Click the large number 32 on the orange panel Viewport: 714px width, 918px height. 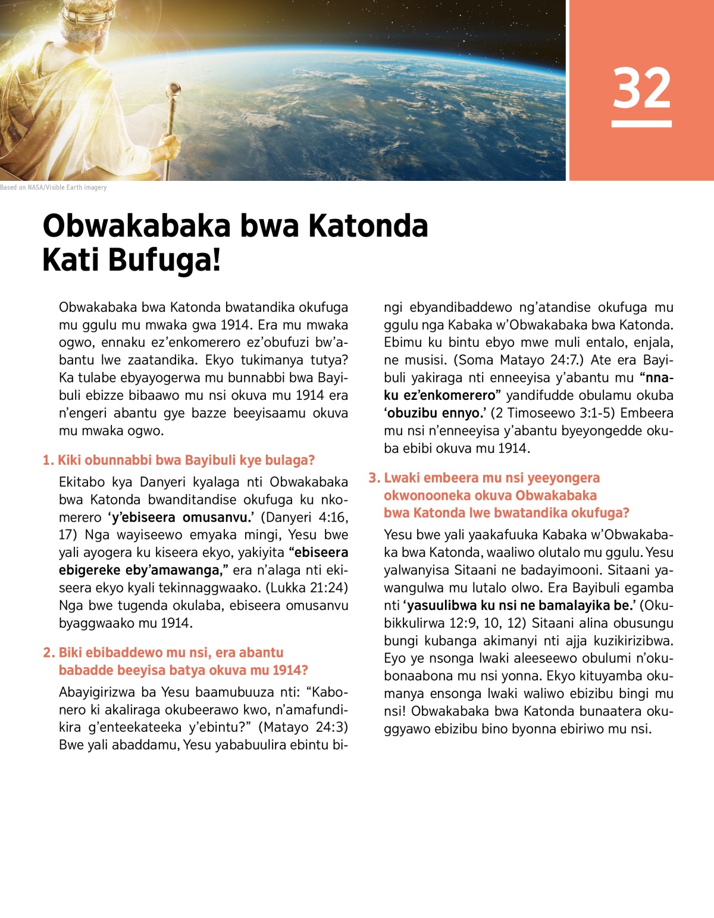(641, 89)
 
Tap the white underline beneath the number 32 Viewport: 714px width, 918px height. (641, 124)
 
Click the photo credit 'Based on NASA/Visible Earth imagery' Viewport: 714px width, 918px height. (54, 187)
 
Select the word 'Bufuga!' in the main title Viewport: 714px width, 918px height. (174, 260)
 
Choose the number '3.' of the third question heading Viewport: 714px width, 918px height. (374, 478)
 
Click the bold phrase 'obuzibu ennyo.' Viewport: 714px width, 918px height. (435, 413)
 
